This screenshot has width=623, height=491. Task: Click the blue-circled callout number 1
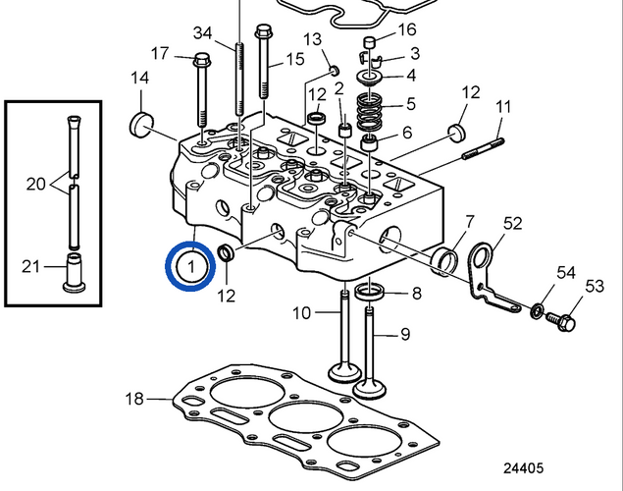pos(191,265)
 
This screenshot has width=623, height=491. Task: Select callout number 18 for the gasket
pos(134,399)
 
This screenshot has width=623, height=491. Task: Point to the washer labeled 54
pos(537,311)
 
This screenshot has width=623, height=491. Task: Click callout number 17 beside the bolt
pos(160,52)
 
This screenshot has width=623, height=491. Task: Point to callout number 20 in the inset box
pos(34,183)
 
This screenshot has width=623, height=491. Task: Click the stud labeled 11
pos(478,143)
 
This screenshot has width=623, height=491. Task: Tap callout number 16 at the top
pos(407,28)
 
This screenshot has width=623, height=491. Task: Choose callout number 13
pos(313,39)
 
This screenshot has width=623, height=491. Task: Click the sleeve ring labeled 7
pos(446,261)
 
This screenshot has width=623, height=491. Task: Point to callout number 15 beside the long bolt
pos(295,60)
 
